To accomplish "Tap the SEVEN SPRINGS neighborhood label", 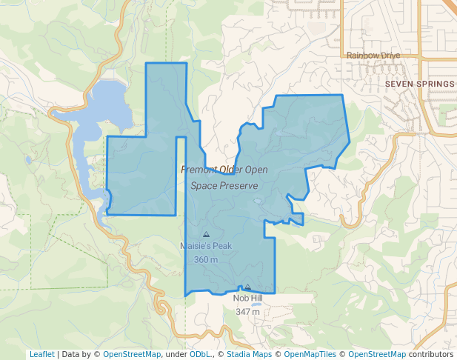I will click(419, 84).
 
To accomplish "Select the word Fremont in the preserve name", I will click(199, 170).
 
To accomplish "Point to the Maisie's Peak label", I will click(206, 246).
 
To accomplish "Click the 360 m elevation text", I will click(206, 260).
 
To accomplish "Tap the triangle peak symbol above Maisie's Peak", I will click(206, 234).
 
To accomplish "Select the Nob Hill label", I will click(247, 299).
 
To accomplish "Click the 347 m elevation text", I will click(247, 312).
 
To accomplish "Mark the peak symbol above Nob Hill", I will click(248, 287).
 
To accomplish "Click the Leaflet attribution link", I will click(42, 354).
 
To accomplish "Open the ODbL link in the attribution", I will click(199, 354).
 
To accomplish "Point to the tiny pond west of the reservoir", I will click(28, 159).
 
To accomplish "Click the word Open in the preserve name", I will click(254, 170).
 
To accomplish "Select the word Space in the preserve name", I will click(204, 186).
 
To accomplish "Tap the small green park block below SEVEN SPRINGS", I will click(447, 116).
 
